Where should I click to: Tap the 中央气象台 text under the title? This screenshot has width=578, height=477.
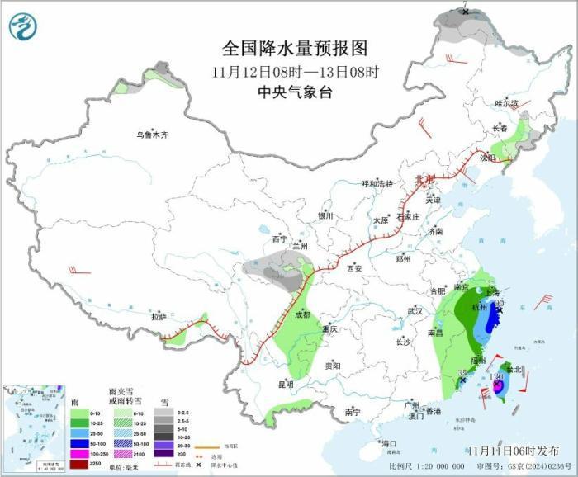294,92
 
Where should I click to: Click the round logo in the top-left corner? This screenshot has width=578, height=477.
23,26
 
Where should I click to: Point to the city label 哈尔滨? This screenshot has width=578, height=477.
505,103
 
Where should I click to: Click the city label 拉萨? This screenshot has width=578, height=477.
159,316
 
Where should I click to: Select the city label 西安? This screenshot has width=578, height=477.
355,268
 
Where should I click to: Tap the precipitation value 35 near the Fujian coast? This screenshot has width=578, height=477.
461,374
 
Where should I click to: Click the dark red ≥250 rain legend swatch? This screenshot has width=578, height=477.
80,464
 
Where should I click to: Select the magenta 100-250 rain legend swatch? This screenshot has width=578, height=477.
80,453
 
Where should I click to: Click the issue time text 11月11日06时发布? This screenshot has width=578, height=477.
510,451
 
